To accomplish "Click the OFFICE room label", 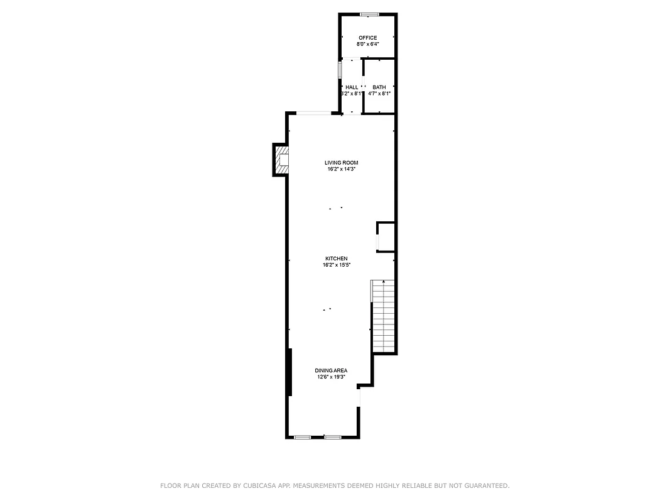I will pos(367,38).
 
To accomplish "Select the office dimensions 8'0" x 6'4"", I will pos(367,45).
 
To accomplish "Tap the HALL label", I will pos(352,87).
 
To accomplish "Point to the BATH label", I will pos(379,87).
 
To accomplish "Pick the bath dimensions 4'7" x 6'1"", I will pos(379,94).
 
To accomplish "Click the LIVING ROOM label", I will pos(341,163).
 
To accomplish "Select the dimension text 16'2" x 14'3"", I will pos(341,169).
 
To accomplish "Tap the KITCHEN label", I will pos(336,258).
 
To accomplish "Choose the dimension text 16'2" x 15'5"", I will pos(336,265).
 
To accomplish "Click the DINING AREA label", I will pos(331,370).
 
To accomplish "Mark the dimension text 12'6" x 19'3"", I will pos(331,377).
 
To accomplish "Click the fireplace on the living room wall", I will pos(282,160).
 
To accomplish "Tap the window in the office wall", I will pos(369,14).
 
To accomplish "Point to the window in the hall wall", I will pos(340,69).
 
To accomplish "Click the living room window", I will pos(315,113).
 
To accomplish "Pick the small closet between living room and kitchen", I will pos(386,237).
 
